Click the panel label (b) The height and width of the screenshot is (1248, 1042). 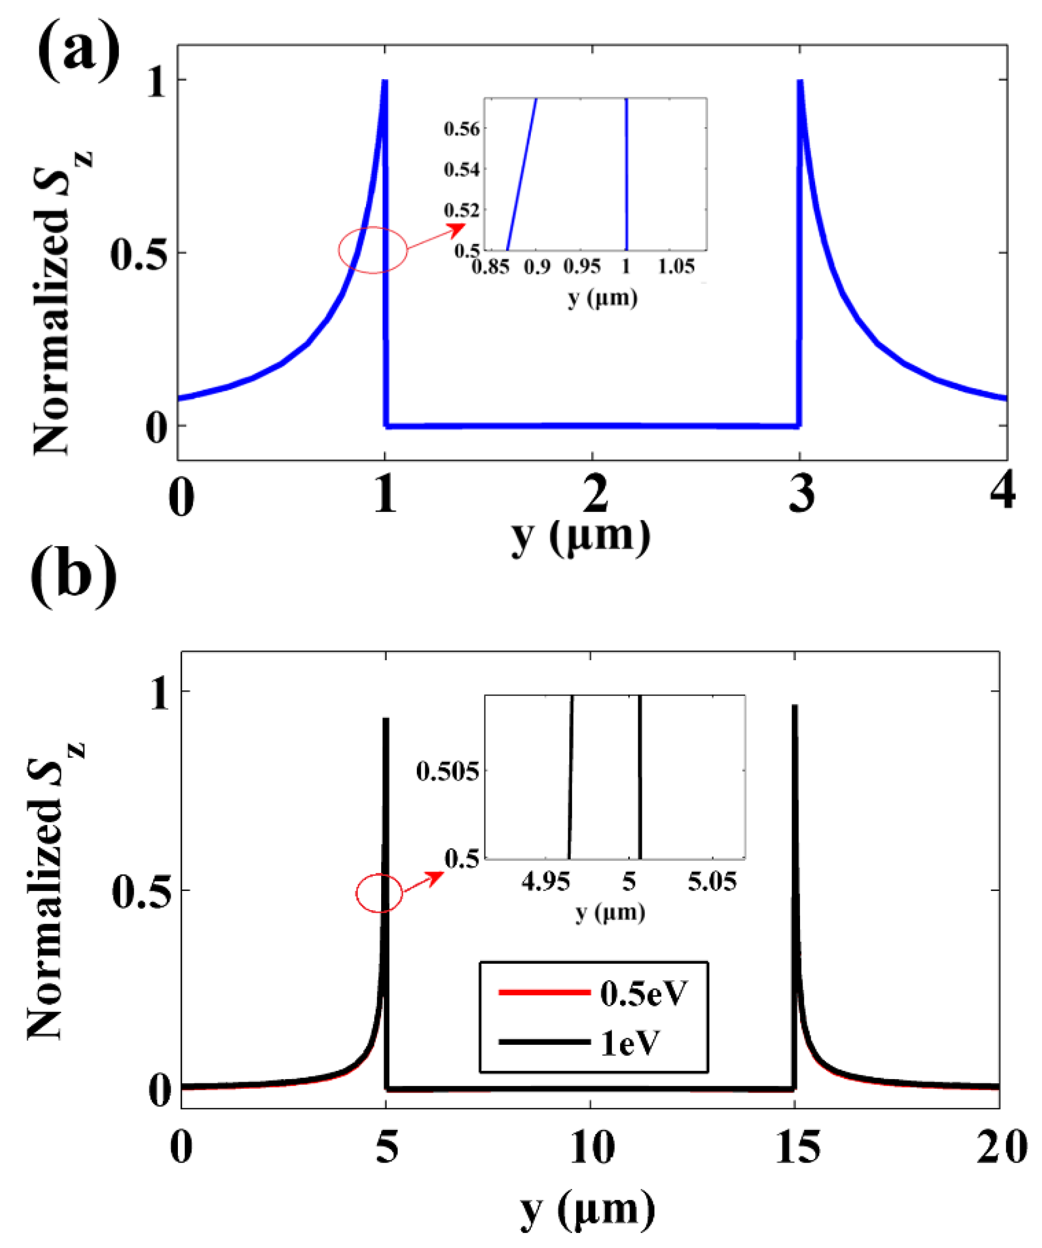[74, 577]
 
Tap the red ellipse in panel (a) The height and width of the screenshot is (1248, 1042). [373, 250]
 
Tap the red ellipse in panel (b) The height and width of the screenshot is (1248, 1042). [379, 893]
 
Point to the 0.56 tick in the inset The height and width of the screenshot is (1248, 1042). [462, 129]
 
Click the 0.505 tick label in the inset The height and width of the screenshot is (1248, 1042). [447, 771]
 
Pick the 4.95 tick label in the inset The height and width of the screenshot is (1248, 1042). [545, 881]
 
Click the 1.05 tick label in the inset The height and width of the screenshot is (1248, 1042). [676, 267]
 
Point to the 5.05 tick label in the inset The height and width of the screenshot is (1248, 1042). [712, 881]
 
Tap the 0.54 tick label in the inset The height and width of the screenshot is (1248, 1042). [462, 169]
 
